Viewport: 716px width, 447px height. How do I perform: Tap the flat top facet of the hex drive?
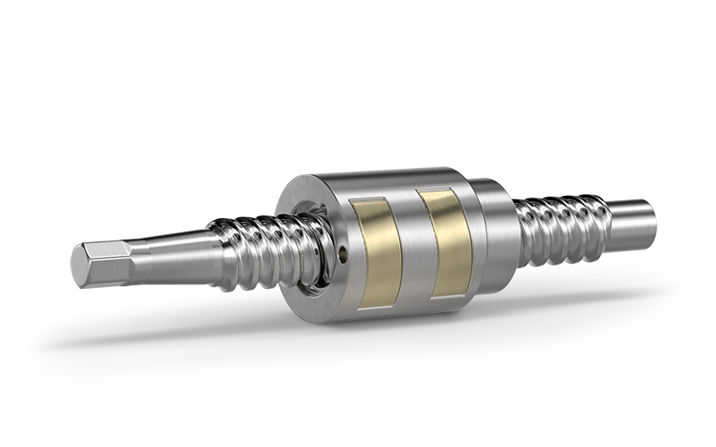point(112,246)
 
